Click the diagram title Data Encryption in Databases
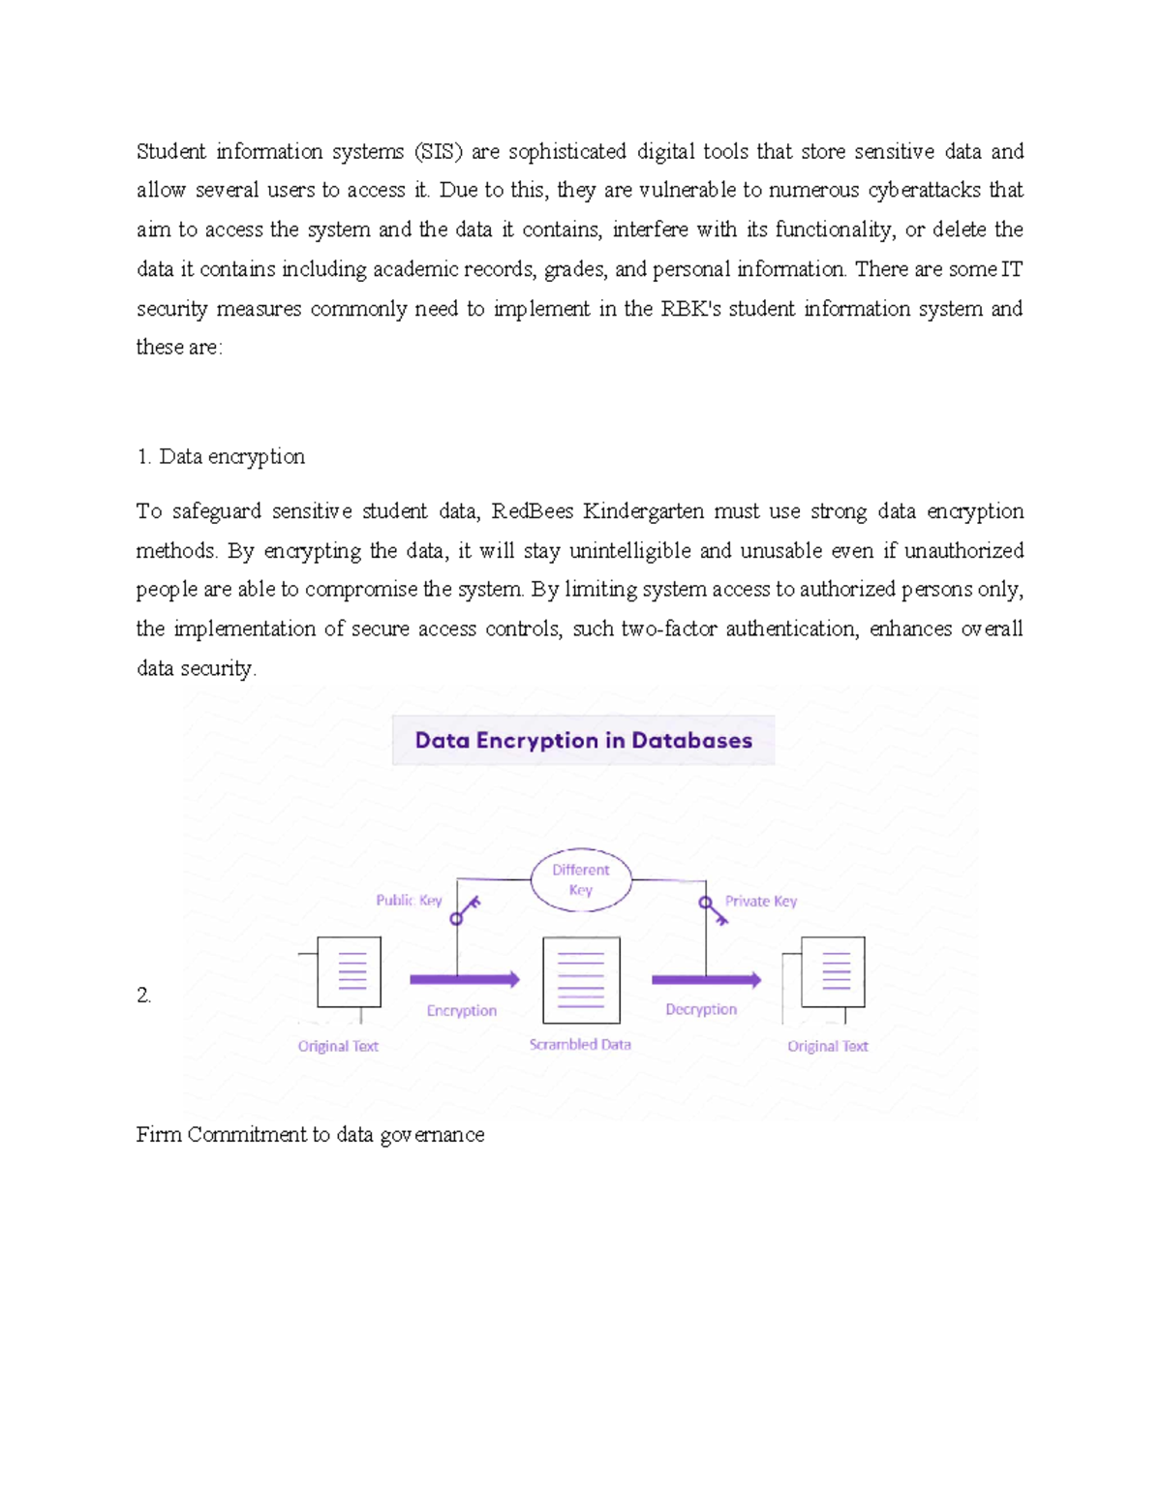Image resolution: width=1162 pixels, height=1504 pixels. (x=583, y=741)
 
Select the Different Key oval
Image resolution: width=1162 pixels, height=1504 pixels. (x=581, y=879)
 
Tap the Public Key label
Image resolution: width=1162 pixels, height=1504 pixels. (x=409, y=901)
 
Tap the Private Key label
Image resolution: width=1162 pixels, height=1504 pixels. (x=761, y=902)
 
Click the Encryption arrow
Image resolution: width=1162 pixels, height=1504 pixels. (x=465, y=980)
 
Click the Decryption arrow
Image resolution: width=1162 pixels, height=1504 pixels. (x=706, y=980)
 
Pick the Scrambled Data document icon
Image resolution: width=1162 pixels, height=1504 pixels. (x=581, y=980)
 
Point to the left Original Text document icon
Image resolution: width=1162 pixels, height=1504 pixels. (x=349, y=972)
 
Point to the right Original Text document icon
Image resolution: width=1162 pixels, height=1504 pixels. (x=833, y=972)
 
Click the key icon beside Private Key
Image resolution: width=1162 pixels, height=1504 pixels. (x=714, y=909)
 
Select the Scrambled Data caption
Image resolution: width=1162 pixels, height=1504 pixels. (x=580, y=1045)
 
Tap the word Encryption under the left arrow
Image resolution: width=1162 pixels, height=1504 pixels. (x=462, y=1011)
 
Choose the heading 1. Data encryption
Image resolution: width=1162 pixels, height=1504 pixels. (x=221, y=457)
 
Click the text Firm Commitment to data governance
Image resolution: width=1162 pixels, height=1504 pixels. (x=310, y=1135)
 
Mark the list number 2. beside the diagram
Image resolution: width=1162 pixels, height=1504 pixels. (x=144, y=996)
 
